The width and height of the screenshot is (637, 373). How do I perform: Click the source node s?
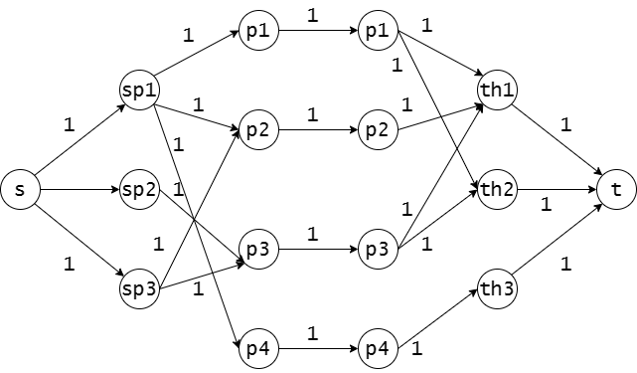[20, 190]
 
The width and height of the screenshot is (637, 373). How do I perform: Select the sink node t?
[616, 190]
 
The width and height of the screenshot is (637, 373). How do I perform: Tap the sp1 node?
[139, 90]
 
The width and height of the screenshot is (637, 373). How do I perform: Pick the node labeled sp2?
[139, 190]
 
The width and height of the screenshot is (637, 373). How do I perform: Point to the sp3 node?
[139, 288]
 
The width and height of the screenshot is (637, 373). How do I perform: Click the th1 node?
[497, 90]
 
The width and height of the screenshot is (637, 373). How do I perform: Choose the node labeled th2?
[497, 190]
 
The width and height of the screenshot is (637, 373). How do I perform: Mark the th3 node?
[497, 288]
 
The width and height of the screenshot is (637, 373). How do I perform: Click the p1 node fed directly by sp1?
[258, 31]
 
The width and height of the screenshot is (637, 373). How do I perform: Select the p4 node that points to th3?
[378, 348]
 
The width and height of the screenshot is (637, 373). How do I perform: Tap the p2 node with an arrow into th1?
[378, 129]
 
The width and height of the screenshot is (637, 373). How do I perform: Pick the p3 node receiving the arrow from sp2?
[258, 249]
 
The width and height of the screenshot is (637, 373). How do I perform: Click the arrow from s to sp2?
[80, 190]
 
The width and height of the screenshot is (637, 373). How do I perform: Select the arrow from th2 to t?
[557, 190]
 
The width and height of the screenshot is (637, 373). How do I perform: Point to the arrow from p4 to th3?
[437, 318]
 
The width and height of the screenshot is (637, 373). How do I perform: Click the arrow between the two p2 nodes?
[318, 130]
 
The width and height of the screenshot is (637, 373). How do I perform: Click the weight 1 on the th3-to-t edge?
[565, 265]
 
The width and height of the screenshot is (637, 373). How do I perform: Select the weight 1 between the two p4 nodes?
[312, 334]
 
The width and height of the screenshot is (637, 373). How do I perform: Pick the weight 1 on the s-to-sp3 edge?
[70, 265]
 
